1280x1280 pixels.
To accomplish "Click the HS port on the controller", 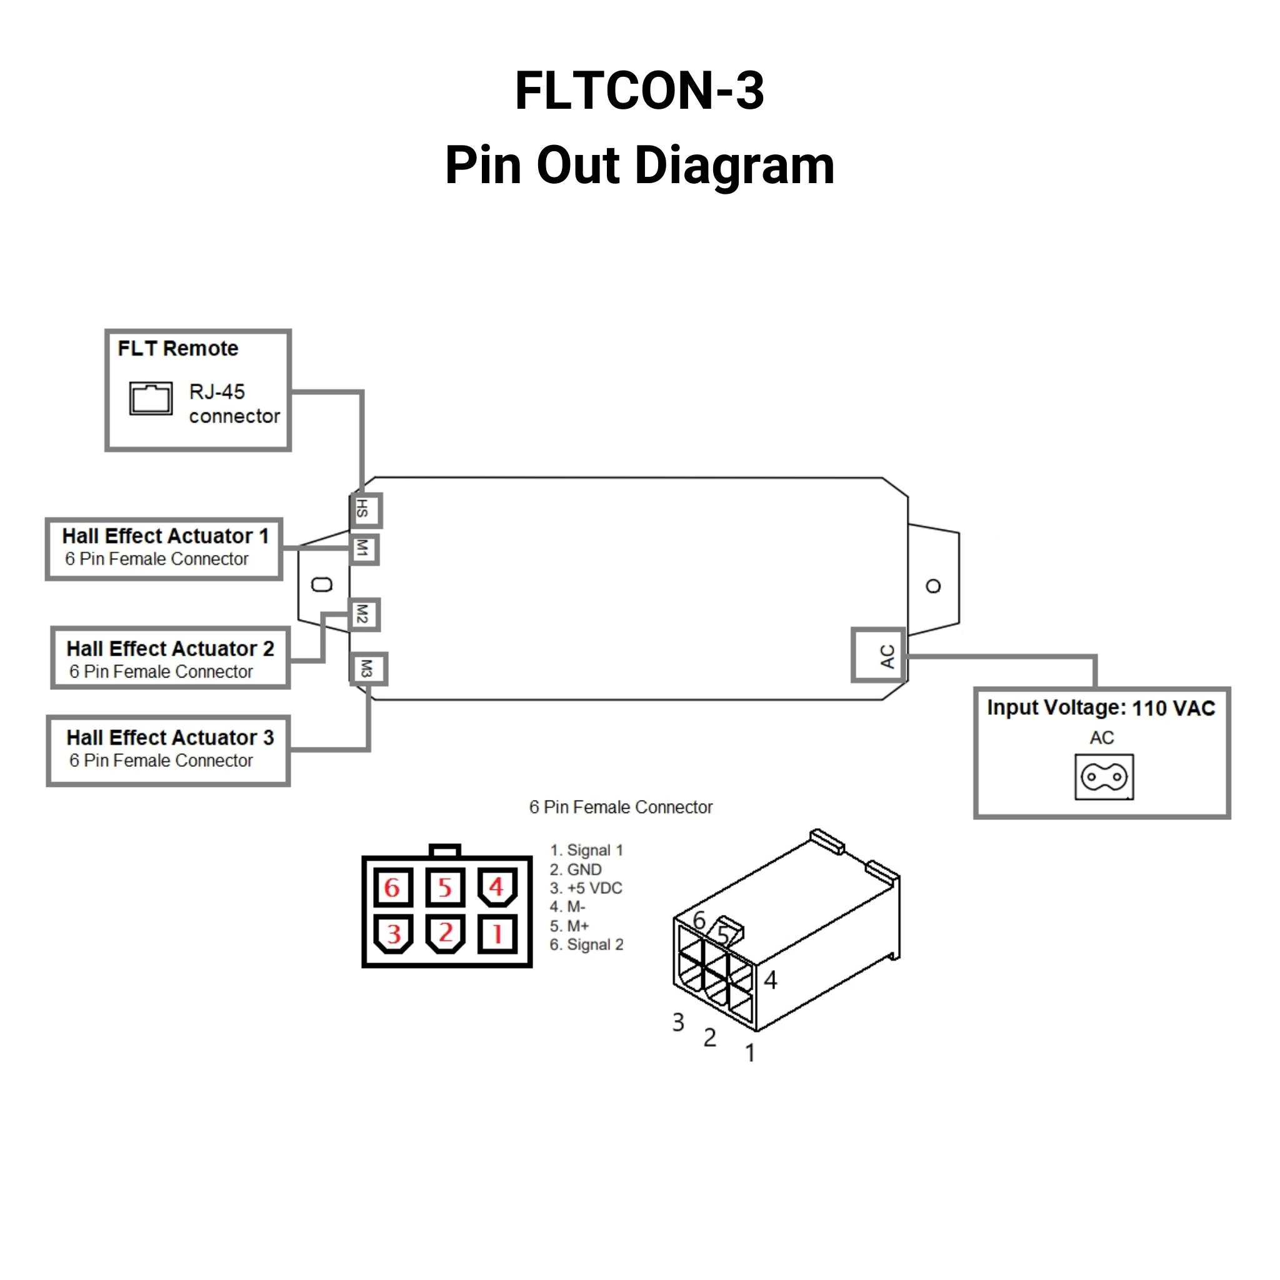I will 365,510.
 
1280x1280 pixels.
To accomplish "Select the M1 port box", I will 364,549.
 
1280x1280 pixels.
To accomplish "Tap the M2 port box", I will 364,614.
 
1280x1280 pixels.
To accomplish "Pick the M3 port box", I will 367,669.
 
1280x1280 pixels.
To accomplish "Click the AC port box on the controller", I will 879,655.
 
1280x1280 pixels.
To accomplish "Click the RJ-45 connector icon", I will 151,398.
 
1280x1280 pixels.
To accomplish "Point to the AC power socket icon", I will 1104,776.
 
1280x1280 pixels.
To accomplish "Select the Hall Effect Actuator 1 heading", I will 166,536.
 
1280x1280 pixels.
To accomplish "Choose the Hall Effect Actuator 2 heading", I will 170,648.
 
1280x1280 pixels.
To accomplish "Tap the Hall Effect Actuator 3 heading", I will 170,737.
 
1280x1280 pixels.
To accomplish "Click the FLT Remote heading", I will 177,349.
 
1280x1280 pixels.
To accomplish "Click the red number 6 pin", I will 392,887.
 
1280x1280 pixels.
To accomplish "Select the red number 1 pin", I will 496,934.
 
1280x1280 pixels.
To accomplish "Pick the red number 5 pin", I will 444,887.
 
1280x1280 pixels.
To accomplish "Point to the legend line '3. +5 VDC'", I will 586,887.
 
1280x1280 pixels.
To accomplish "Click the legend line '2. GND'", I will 575,869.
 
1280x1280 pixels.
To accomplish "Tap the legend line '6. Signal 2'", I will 586,944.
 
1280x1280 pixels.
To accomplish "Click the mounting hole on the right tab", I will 933,586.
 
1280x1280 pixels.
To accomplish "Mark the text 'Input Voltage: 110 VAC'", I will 1101,707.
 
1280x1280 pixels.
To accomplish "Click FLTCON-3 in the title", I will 639,91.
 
